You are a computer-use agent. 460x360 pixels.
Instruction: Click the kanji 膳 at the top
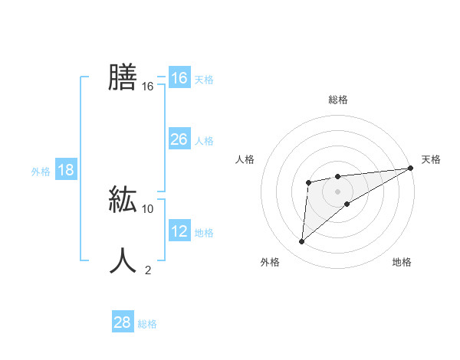pyautogui.click(x=123, y=77)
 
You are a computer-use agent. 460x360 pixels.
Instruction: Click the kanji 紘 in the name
pyautogui.click(x=123, y=198)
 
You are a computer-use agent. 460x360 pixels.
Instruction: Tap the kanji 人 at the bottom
pyautogui.click(x=123, y=260)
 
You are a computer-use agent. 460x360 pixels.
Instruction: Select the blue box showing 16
pyautogui.click(x=179, y=78)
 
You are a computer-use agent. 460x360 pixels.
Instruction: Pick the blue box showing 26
pyautogui.click(x=179, y=139)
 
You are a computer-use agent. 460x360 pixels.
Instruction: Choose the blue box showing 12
pyautogui.click(x=179, y=231)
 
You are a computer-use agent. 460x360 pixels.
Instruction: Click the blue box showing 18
pyautogui.click(x=66, y=170)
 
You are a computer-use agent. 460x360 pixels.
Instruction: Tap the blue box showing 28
pyautogui.click(x=122, y=322)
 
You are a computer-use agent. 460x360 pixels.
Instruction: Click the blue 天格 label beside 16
pyautogui.click(x=204, y=80)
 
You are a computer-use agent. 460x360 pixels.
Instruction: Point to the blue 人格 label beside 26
pyautogui.click(x=204, y=141)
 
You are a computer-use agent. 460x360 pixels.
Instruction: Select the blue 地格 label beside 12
pyautogui.click(x=204, y=233)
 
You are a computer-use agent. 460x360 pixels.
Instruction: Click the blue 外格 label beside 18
pyautogui.click(x=41, y=172)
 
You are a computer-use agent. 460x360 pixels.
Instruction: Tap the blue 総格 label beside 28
pyautogui.click(x=147, y=324)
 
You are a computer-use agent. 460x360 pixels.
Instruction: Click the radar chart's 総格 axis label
pyautogui.click(x=337, y=100)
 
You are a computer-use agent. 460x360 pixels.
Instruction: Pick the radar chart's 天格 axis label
pyautogui.click(x=431, y=159)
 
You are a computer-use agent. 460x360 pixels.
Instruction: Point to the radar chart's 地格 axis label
pyautogui.click(x=402, y=262)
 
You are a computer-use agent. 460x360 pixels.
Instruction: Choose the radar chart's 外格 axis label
pyautogui.click(x=270, y=262)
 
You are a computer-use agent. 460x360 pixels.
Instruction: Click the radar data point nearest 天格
pyautogui.click(x=410, y=168)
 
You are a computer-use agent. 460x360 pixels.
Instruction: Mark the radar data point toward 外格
pyautogui.click(x=302, y=242)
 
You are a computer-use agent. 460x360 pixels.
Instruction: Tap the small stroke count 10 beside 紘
pyautogui.click(x=148, y=208)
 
